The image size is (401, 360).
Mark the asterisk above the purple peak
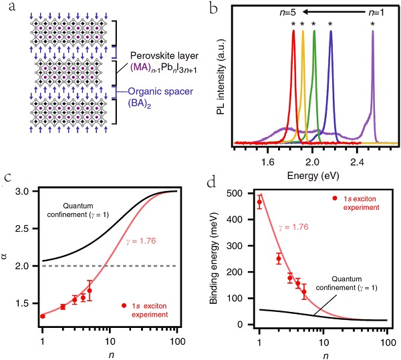click(x=372, y=25)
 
